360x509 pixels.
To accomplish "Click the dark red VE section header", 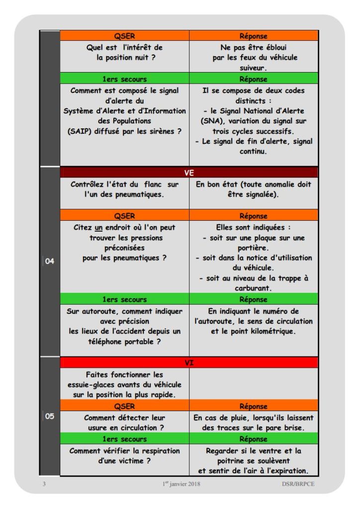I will pyautogui.click(x=189, y=172).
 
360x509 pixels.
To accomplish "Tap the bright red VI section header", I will pyautogui.click(x=189, y=362).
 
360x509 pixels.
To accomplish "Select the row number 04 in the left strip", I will pyautogui.click(x=50, y=261).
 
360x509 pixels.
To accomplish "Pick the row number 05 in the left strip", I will pyautogui.click(x=50, y=417).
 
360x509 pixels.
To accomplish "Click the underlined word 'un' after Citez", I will pyautogui.click(x=99, y=228).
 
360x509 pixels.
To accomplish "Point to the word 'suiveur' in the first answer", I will pyautogui.click(x=254, y=68).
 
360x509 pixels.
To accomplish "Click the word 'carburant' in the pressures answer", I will pyautogui.click(x=254, y=288).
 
